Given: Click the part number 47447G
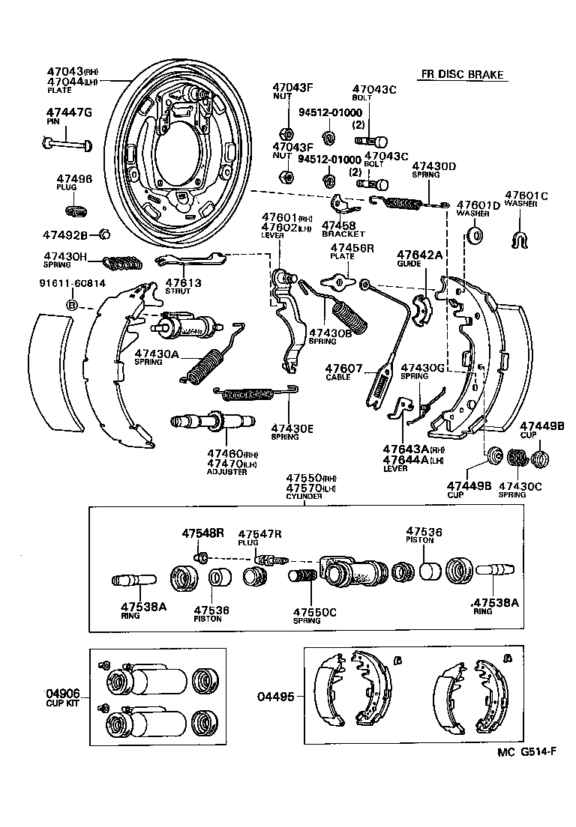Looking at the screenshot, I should pyautogui.click(x=68, y=113).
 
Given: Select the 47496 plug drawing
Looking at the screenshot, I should pyautogui.click(x=77, y=207).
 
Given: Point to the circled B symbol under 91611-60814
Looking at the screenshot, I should pyautogui.click(x=72, y=306).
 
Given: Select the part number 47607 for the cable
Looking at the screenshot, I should pyautogui.click(x=343, y=369).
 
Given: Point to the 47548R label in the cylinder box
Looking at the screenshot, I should pyautogui.click(x=202, y=533).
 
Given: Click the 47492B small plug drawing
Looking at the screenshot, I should pyautogui.click(x=105, y=234).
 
